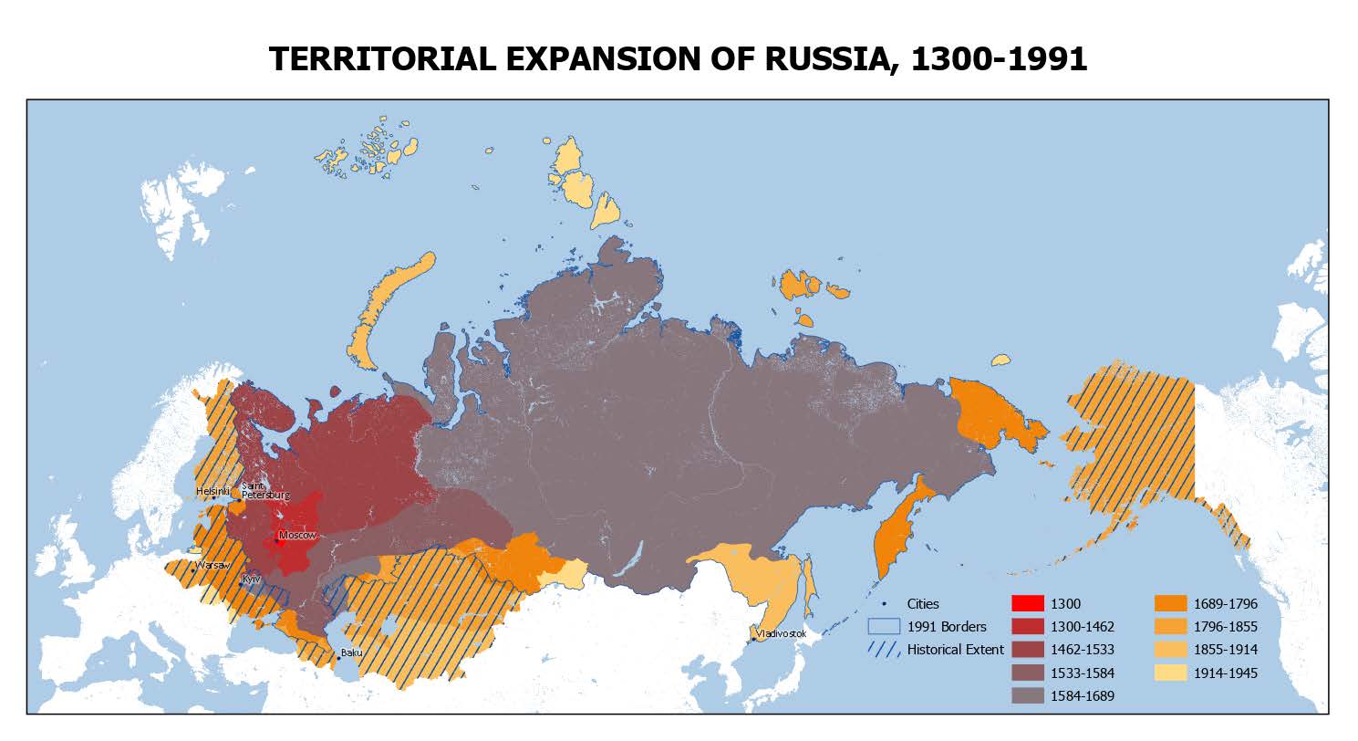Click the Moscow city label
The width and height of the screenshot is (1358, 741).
[x=297, y=535]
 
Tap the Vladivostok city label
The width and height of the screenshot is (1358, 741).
[x=781, y=633]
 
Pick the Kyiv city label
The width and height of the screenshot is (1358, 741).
[x=251, y=579]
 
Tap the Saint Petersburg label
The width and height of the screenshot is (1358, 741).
[x=264, y=491]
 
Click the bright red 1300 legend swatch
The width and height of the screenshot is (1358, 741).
[x=1027, y=603]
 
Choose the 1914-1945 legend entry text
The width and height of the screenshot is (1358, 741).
[x=1226, y=673]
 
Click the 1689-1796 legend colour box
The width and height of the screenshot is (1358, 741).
[x=1170, y=603]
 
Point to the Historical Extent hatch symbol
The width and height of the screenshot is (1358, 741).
[x=881, y=650]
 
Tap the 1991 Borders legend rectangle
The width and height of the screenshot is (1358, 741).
[x=881, y=627]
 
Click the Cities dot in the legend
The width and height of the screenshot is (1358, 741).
[x=882, y=603]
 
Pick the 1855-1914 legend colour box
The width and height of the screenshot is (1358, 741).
[x=1170, y=650]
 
